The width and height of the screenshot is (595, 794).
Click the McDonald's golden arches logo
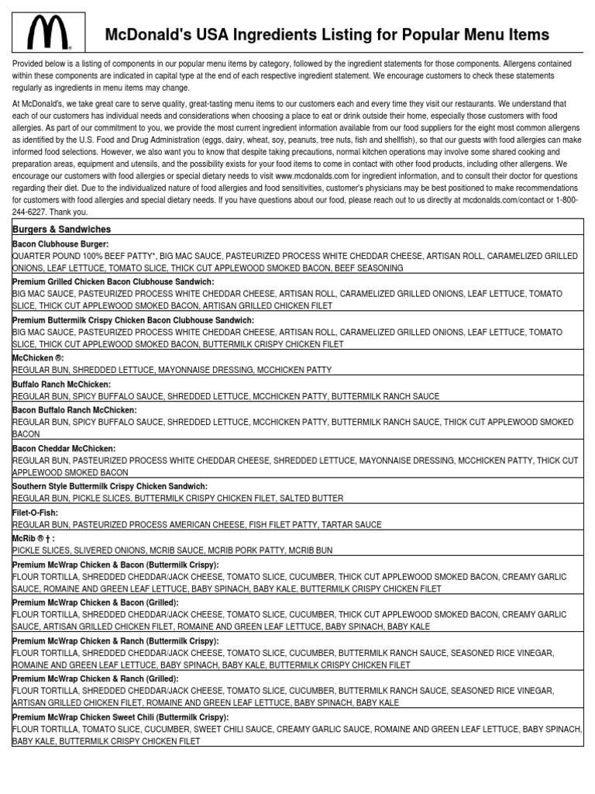click(48, 33)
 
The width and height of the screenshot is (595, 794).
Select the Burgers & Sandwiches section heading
click(61, 230)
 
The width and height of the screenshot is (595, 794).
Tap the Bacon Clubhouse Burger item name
click(60, 243)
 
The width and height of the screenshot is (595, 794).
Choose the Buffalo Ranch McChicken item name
click(62, 384)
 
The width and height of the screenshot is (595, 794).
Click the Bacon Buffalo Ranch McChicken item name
click(74, 409)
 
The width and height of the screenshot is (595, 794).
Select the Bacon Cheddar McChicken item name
click(64, 448)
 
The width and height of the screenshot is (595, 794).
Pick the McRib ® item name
click(33, 538)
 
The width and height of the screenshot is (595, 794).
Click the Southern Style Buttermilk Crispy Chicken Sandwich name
click(110, 486)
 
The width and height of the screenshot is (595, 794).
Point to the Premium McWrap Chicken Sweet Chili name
click(120, 717)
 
